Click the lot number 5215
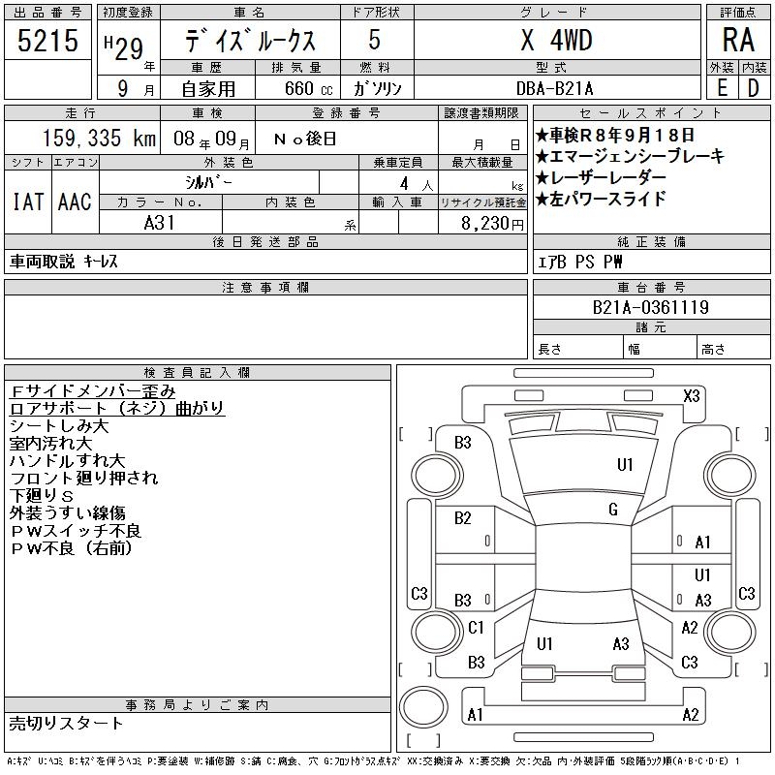[x=47, y=40]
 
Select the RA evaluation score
[x=738, y=40]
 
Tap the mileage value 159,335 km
[x=99, y=138]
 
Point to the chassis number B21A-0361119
[x=651, y=307]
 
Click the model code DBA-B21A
[x=554, y=88]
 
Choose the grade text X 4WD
[x=556, y=40]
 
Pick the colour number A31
[x=159, y=223]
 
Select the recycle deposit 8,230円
[x=492, y=224]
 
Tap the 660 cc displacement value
[x=308, y=88]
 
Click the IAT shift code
[x=28, y=201]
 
